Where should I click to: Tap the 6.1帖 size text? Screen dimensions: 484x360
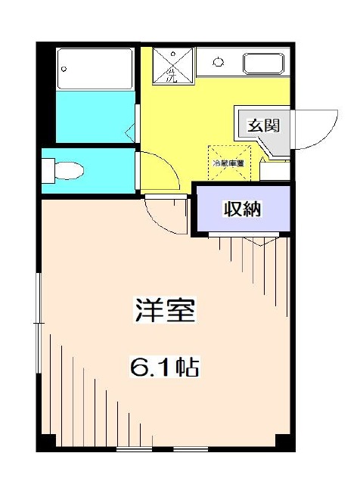click(x=165, y=368)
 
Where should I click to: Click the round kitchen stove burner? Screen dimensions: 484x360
click(x=219, y=61)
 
